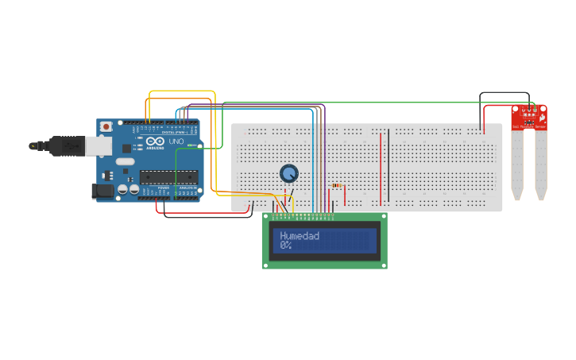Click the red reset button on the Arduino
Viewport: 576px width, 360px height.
[x=106, y=126]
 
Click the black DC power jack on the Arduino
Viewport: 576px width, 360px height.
[x=102, y=191]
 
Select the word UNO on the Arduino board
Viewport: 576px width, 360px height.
[x=176, y=141]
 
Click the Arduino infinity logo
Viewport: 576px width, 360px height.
[x=154, y=142]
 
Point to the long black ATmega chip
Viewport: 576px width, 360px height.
[x=168, y=177]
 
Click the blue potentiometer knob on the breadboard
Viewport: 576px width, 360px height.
[x=288, y=173]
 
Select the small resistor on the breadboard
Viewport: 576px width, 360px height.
[x=337, y=186]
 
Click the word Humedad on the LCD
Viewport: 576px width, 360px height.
[x=300, y=235]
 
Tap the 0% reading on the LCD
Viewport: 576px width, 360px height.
[x=285, y=246]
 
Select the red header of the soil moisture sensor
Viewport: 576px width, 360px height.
[x=529, y=118]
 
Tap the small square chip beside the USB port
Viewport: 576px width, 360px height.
[x=126, y=148]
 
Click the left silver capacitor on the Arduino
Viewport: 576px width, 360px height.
[x=123, y=189]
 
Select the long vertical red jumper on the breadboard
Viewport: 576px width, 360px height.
[x=381, y=167]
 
